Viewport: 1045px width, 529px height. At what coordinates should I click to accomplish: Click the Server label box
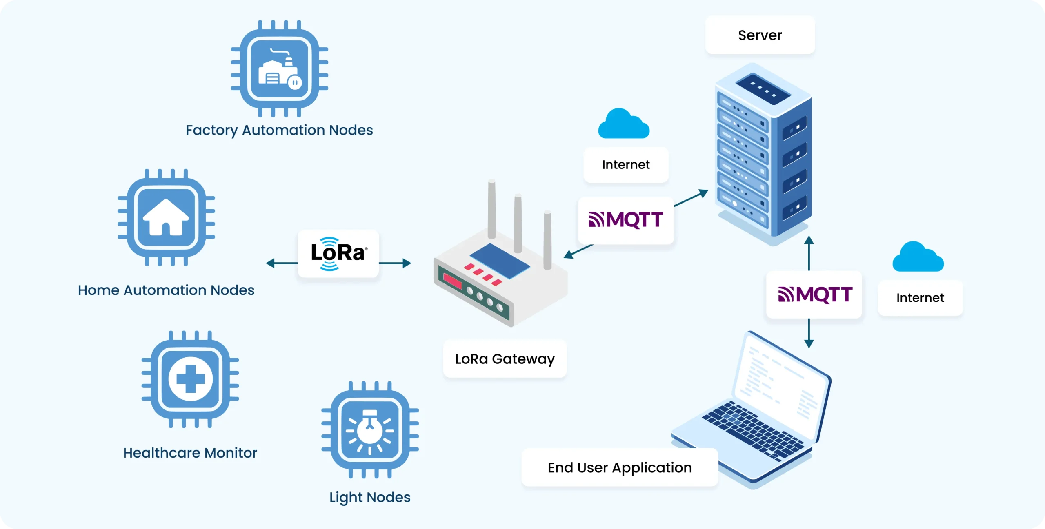pos(760,35)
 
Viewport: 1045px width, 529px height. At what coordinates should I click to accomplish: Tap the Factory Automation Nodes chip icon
pos(280,69)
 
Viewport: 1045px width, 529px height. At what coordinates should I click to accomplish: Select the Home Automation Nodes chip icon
pos(166,217)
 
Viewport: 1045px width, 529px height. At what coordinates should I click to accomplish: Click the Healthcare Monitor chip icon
pos(190,379)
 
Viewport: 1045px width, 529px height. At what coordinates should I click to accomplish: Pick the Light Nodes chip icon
pos(370,430)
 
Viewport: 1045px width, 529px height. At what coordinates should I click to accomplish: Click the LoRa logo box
pos(338,254)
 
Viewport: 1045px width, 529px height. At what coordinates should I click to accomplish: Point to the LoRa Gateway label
pos(505,359)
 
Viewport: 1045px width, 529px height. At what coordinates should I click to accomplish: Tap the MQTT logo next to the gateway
pos(625,220)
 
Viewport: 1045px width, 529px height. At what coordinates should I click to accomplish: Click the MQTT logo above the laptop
pos(814,294)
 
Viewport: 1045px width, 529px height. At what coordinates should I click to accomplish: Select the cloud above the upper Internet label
pos(623,124)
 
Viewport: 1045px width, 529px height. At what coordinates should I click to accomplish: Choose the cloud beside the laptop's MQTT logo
pos(918,257)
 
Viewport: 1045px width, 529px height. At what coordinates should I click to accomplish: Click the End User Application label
pos(620,467)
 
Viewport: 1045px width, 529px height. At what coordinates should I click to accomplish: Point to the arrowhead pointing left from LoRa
pos(270,263)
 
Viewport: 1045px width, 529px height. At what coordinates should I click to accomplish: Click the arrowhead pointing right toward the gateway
pos(407,263)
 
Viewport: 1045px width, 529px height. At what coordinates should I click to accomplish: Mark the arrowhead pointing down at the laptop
pos(809,343)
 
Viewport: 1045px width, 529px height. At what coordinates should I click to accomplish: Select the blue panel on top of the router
pos(500,261)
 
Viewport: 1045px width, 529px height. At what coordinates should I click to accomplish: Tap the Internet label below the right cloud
pos(920,298)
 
